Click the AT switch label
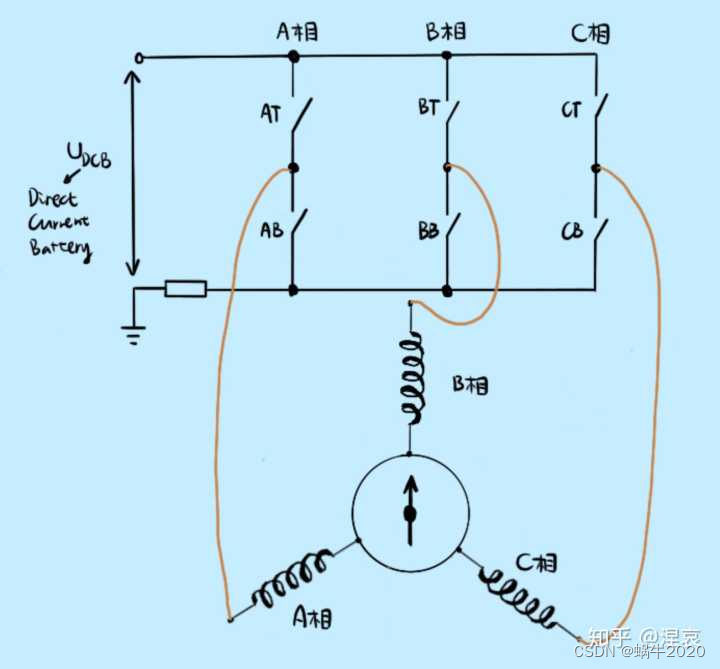[x=270, y=114]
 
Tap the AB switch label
[x=271, y=229]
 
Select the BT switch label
[x=428, y=108]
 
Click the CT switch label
[x=571, y=109]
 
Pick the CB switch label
[x=572, y=232]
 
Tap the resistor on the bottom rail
[x=185, y=290]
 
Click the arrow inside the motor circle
[x=409, y=510]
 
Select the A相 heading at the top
[x=297, y=32]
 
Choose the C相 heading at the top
[x=590, y=34]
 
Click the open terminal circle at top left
[x=139, y=58]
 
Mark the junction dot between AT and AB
[x=293, y=168]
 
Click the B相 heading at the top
[x=446, y=32]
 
